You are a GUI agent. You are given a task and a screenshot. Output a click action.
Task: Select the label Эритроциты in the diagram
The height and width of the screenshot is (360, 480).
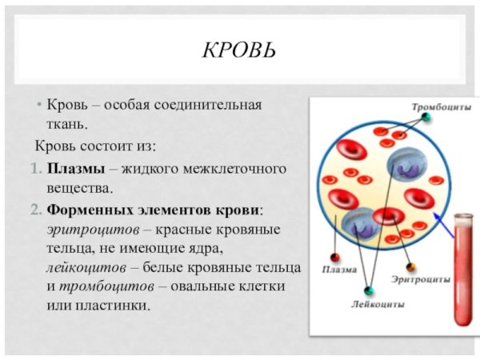pos(419,280)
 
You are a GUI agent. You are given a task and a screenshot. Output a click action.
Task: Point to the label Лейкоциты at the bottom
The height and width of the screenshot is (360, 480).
pos(378,304)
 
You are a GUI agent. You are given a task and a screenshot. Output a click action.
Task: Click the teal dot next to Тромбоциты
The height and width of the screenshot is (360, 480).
pos(426,118)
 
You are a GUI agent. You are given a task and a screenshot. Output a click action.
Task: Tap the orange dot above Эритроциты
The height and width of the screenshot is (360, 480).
pos(410,266)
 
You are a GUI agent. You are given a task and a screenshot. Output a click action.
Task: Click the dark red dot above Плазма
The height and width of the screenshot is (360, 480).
pos(335,258)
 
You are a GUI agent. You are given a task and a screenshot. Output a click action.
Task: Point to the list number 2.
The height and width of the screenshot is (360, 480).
pos(36,210)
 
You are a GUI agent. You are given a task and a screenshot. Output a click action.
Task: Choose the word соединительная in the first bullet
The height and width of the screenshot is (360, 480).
pos(213,106)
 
